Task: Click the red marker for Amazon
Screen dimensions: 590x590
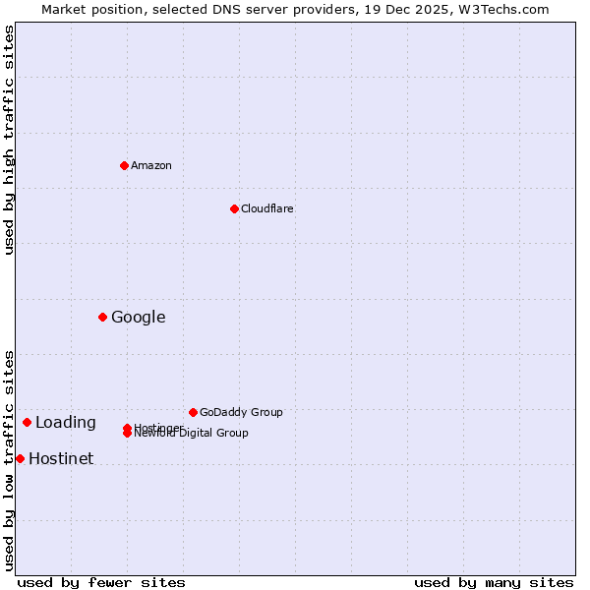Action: pyautogui.click(x=124, y=165)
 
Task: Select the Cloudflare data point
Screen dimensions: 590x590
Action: pyautogui.click(x=234, y=208)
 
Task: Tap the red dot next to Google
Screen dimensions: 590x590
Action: pyautogui.click(x=102, y=317)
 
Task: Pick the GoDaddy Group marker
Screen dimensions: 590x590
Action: pyautogui.click(x=193, y=412)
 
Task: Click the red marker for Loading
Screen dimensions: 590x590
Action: pyautogui.click(x=27, y=422)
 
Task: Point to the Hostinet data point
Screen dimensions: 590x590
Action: pyautogui.click(x=20, y=458)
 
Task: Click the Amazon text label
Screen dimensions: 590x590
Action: pyautogui.click(x=151, y=165)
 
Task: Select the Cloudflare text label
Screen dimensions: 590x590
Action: pyautogui.click(x=266, y=208)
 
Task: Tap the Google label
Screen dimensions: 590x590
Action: pyautogui.click(x=138, y=317)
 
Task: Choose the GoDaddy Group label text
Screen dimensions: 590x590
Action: pyautogui.click(x=241, y=412)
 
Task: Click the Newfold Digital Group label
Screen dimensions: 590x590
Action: pyautogui.click(x=192, y=434)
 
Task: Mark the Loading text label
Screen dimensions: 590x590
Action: pyautogui.click(x=65, y=423)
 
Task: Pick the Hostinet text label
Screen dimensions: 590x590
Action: pyautogui.click(x=61, y=459)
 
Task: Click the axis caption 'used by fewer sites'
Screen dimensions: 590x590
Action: pyautogui.click(x=101, y=582)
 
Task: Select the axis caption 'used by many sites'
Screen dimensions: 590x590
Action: pyautogui.click(x=494, y=582)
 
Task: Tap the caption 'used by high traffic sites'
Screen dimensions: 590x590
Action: pyautogui.click(x=9, y=140)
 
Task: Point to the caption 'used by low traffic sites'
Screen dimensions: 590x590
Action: pyautogui.click(x=9, y=459)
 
